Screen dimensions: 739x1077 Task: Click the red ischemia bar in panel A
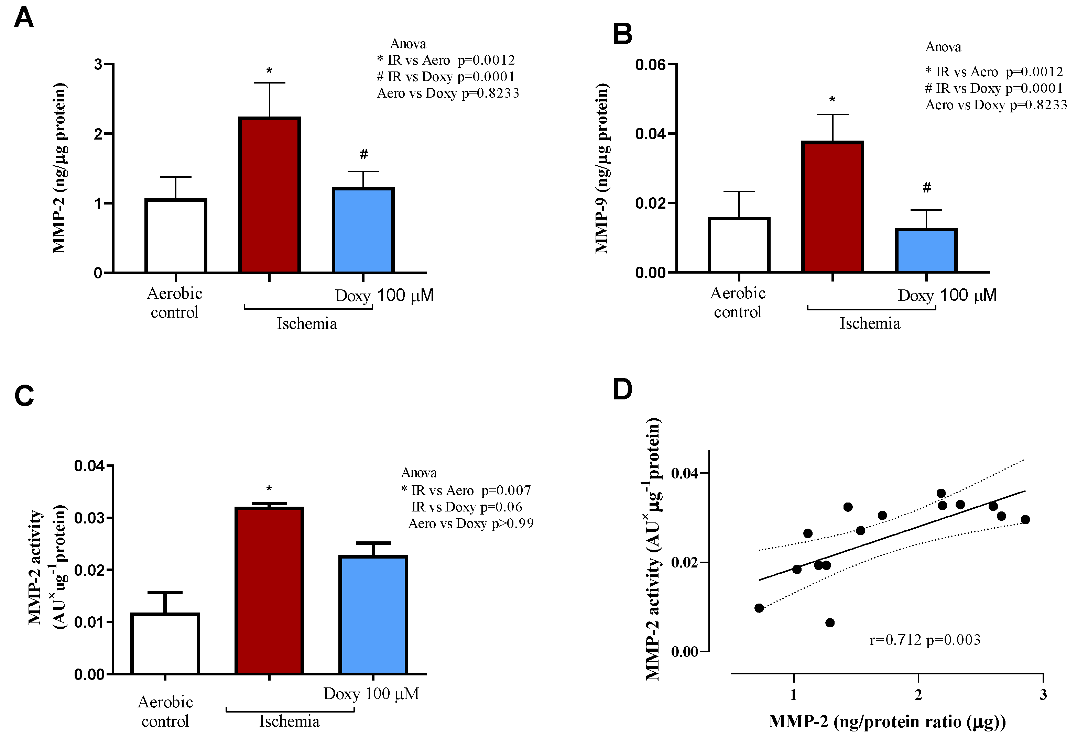269,195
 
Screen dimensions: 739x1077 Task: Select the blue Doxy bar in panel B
926,250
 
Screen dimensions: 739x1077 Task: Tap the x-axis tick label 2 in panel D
918,695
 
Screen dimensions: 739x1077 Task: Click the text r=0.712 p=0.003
925,640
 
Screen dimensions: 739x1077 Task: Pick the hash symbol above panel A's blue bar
364,154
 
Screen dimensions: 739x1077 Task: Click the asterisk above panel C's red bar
269,489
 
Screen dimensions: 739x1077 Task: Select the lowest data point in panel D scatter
829,623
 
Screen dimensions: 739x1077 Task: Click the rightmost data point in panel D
1025,520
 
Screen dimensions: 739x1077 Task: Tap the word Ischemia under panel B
870,323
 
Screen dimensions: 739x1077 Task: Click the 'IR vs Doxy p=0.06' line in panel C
466,507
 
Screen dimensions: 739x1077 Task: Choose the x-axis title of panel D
887,722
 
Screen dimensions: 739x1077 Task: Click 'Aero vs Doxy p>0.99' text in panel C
470,523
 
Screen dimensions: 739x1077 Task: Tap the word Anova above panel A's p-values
408,44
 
